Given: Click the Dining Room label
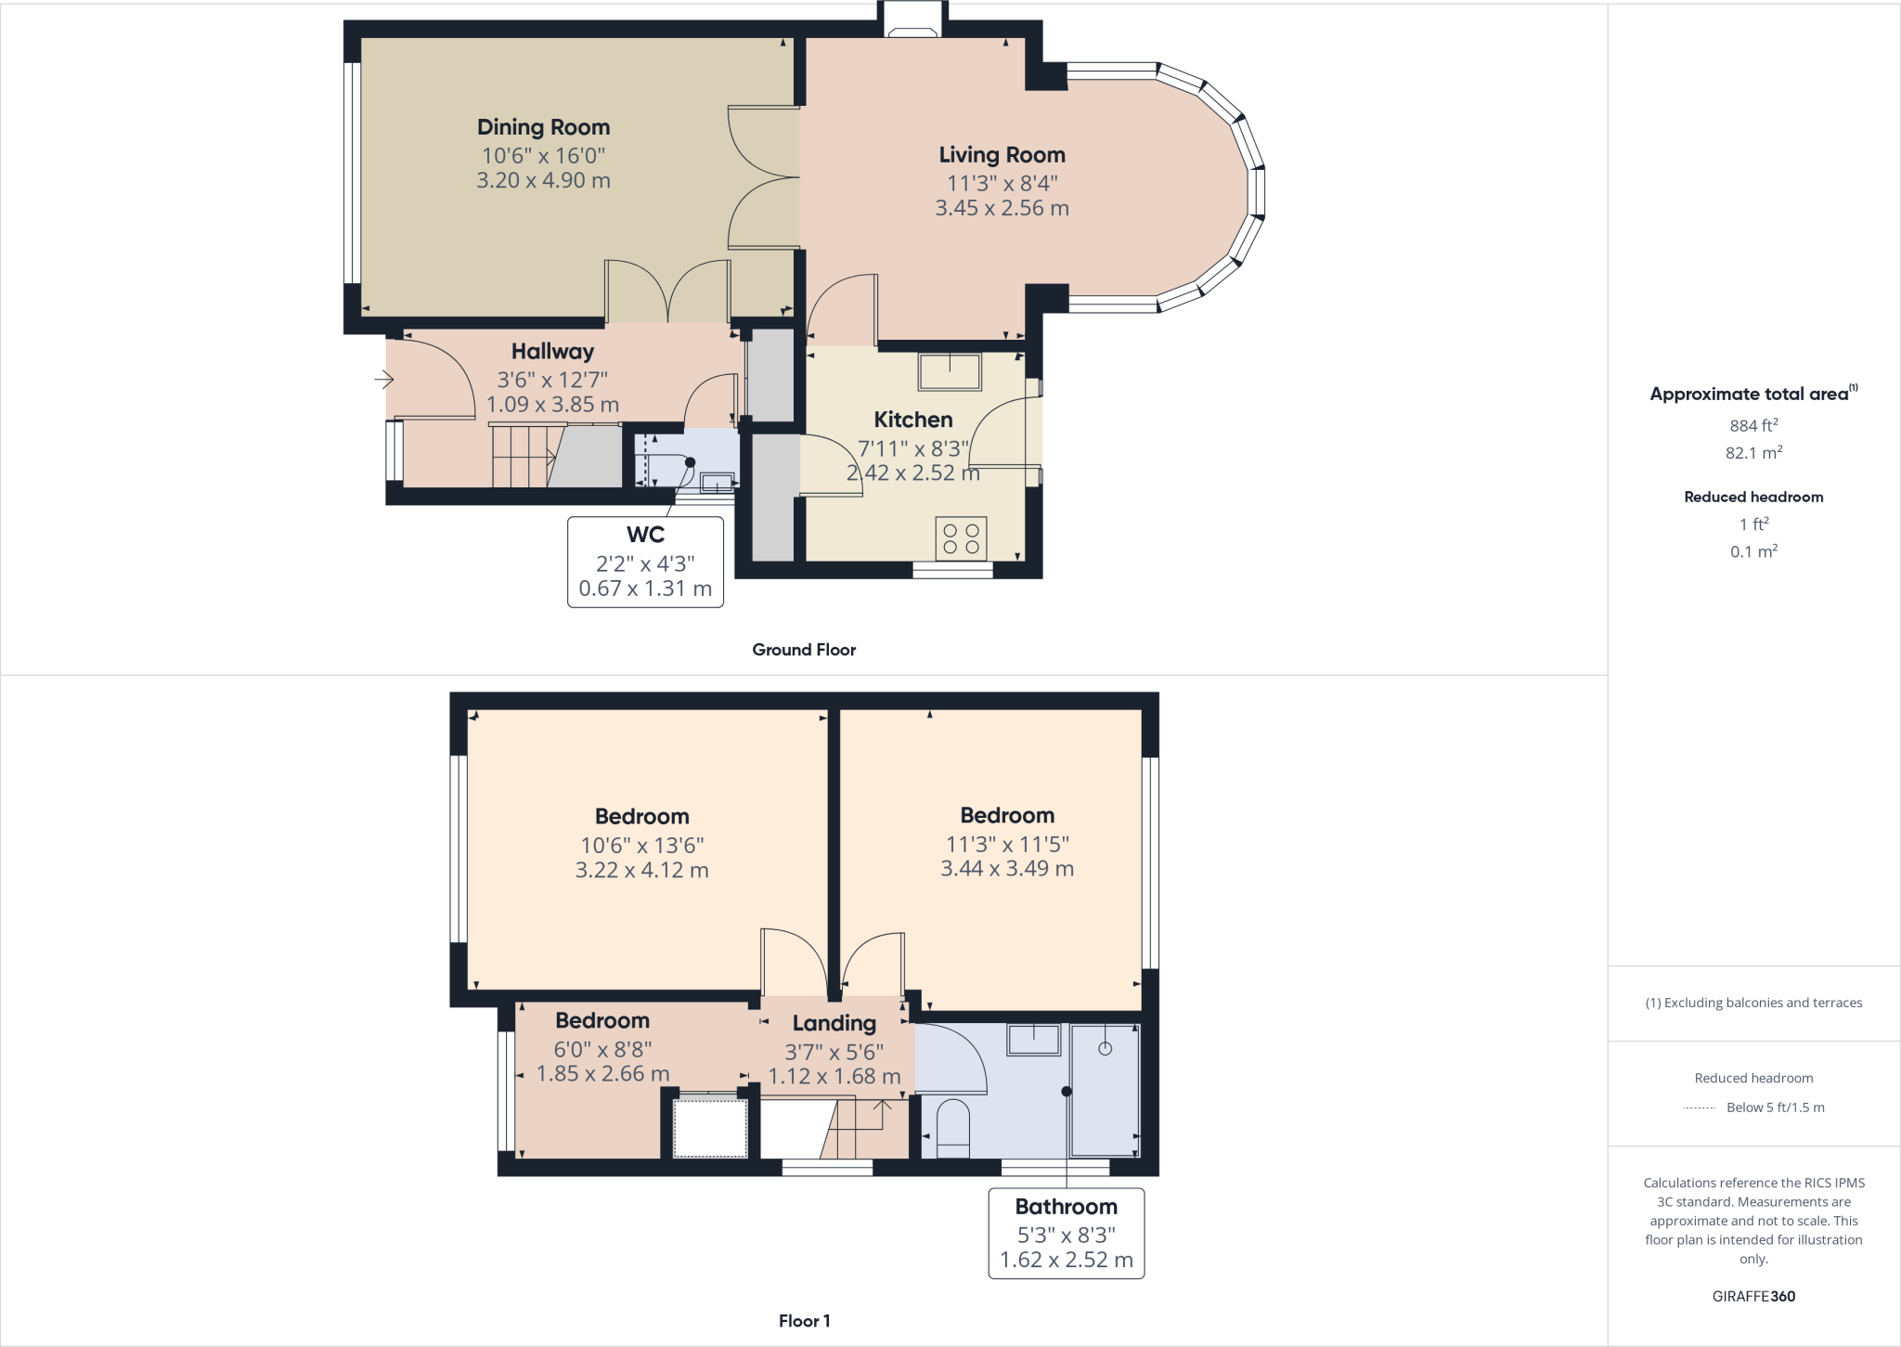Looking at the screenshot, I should click(x=543, y=127).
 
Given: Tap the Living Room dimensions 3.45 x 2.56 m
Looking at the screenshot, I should click(x=1002, y=208).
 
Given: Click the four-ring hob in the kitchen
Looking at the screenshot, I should click(x=961, y=538).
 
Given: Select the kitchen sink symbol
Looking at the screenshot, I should click(x=950, y=371).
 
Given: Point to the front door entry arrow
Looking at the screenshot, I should click(x=384, y=379).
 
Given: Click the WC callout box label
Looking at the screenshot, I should click(x=645, y=535).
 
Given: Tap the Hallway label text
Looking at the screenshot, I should click(x=552, y=352).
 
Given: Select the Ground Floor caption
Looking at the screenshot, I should click(x=804, y=650).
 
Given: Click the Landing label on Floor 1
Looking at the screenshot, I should click(x=834, y=1023).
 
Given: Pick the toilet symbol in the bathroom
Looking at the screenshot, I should click(x=953, y=1129).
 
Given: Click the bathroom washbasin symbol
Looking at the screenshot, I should click(x=1034, y=1040).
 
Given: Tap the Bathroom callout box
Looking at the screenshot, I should click(x=1066, y=1233).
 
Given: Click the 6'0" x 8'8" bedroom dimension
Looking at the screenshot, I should click(x=602, y=1049).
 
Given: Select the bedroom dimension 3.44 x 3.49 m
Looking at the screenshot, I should click(x=1007, y=869).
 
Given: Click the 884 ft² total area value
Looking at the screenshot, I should click(x=1753, y=425).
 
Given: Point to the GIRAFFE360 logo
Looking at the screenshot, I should click(x=1753, y=1296).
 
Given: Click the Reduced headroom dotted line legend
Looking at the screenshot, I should click(x=1700, y=1107).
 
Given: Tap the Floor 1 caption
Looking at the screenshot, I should click(x=804, y=1320).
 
